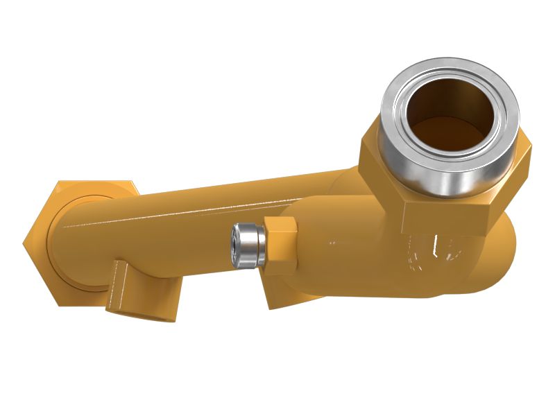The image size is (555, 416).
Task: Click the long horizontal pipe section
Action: (x=208, y=208)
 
